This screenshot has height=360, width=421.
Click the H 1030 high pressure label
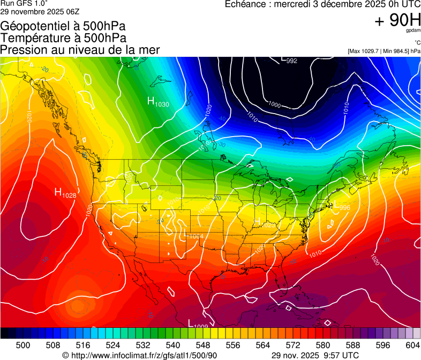pos(158,102)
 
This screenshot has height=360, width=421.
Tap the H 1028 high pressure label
pos(65,193)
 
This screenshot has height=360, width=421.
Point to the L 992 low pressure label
pos(289,60)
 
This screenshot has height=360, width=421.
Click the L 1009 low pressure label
pos(198,324)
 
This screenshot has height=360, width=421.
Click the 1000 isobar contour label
pos(275,104)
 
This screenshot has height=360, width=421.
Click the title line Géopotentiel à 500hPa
pos(63,26)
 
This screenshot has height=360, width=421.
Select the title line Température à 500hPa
pos(63,38)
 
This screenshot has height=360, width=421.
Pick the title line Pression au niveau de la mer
pos(80,50)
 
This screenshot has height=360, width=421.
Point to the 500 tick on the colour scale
pos(23,344)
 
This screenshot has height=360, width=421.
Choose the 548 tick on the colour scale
pos(203,344)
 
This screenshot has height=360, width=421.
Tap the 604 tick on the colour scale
pos(412,344)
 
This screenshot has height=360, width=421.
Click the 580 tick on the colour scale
pos(323,344)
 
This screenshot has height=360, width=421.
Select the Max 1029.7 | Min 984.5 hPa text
pos(384,51)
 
